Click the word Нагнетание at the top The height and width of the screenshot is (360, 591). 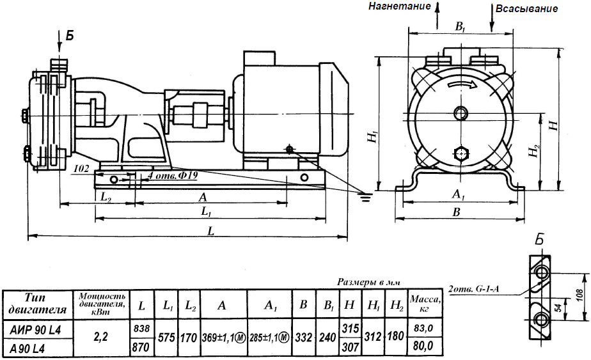click(x=400, y=6)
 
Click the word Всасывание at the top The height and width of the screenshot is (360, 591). click(x=526, y=9)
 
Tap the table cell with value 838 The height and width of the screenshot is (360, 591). click(x=141, y=329)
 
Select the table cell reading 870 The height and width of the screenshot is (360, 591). click(x=141, y=347)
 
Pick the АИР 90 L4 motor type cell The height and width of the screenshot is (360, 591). click(x=35, y=330)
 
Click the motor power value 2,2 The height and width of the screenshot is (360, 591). click(x=100, y=336)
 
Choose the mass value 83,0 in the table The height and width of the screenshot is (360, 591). click(x=423, y=328)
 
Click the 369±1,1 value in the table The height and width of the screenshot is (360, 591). click(x=224, y=338)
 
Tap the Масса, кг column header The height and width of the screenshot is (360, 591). click(x=425, y=304)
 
